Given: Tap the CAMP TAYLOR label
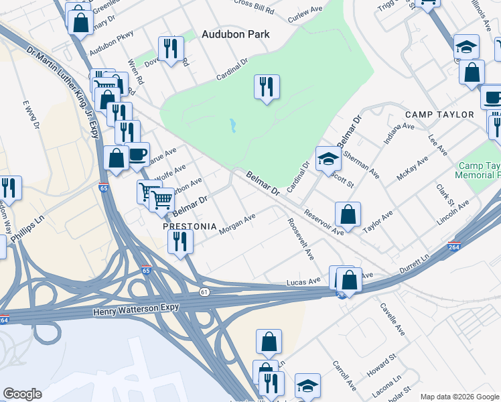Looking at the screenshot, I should (439, 115).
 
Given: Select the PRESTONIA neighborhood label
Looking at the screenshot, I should (191, 227).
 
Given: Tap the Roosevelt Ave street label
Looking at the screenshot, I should (300, 239).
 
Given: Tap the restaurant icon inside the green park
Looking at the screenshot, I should (267, 86).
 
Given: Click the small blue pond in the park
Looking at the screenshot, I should (232, 125).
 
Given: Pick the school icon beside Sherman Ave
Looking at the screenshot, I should (328, 159).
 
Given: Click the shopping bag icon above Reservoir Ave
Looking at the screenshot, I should (348, 214).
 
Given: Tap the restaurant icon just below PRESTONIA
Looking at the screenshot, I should (180, 242).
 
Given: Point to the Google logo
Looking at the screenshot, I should (22, 394).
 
